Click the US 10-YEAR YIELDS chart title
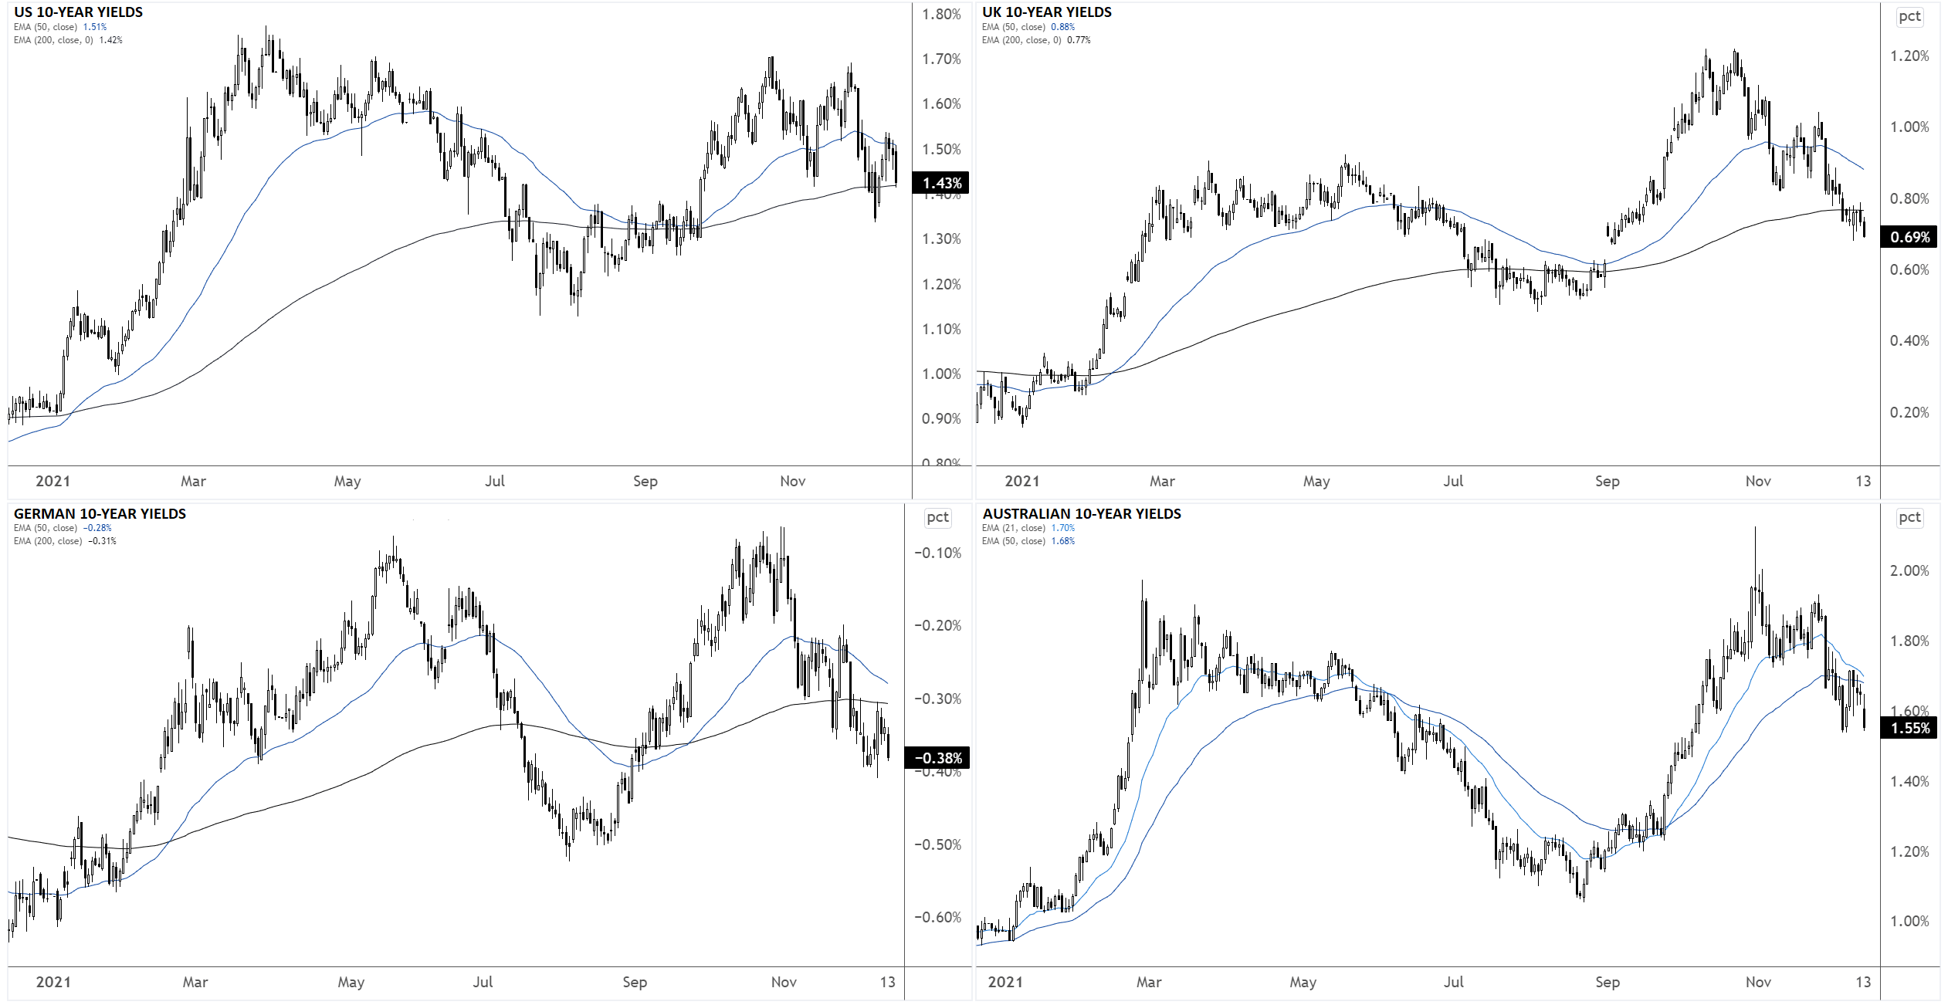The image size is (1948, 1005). coord(78,12)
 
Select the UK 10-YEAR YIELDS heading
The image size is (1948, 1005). coord(1046,12)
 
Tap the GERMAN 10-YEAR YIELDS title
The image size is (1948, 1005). coord(100,514)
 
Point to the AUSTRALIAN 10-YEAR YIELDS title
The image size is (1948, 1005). coord(1081,514)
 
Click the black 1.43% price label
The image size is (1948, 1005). coord(940,183)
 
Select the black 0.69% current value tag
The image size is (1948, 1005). coord(1909,237)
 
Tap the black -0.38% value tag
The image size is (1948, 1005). coord(937,758)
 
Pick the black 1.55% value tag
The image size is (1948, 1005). coord(1909,728)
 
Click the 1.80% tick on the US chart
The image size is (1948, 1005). coord(941,15)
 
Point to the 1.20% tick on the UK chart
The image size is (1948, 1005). coord(1909,56)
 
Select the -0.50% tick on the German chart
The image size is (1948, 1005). coord(937,844)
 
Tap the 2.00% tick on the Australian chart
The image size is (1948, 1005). coord(1909,571)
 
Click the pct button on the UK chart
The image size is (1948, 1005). coord(1909,17)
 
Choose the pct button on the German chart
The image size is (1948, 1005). coord(937,518)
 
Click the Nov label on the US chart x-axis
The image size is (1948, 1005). coord(792,482)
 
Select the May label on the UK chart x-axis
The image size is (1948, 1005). coord(1316,482)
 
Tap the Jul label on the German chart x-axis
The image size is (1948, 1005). coord(483,982)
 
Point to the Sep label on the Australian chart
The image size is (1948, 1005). coord(1607,982)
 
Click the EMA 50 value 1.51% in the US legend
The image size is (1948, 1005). coord(95,27)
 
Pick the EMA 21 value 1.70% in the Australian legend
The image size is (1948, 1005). coord(1062,528)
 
